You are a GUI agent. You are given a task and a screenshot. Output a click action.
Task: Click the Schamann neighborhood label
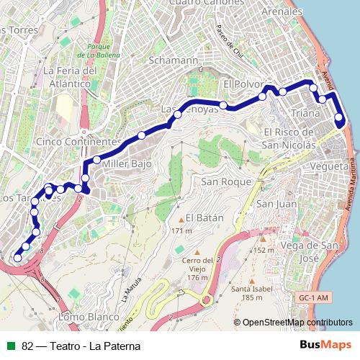172,61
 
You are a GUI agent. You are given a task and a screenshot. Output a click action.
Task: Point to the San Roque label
226,181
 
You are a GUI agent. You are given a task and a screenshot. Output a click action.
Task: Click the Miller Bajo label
127,164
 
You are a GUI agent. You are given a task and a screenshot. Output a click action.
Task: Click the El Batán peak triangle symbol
181,218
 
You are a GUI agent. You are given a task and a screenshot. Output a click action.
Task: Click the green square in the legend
12,346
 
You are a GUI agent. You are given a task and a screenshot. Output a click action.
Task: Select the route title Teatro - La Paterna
81,346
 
